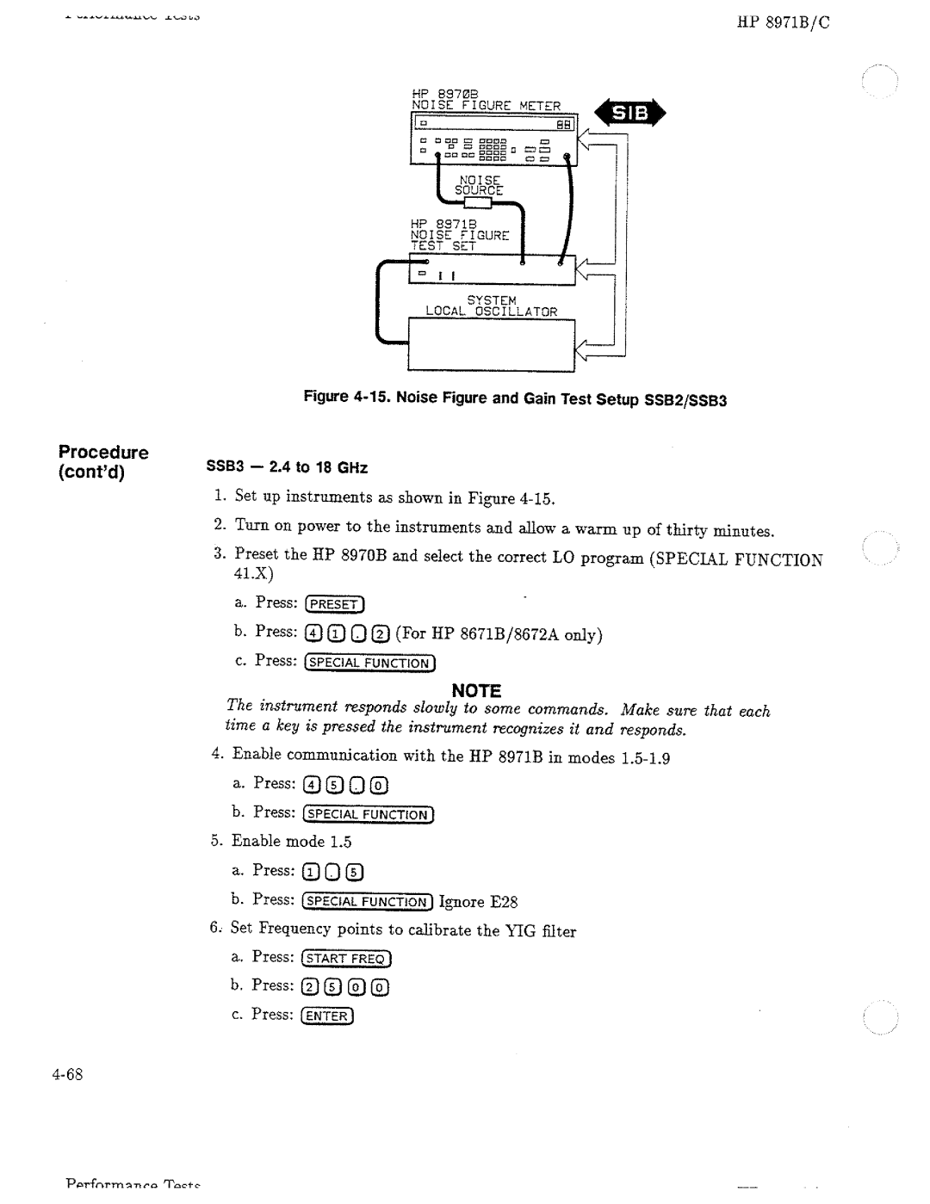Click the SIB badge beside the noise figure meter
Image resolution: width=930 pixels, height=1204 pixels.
tap(633, 114)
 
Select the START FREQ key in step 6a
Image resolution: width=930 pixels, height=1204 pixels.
tap(346, 959)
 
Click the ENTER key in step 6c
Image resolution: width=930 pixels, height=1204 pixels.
tap(327, 1016)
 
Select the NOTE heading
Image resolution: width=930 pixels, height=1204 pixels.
tap(478, 690)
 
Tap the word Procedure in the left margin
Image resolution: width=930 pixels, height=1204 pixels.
tap(103, 453)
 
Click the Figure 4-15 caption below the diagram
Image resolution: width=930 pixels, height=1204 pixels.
tap(515, 399)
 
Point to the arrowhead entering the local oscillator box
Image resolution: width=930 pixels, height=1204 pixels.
tap(586, 348)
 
